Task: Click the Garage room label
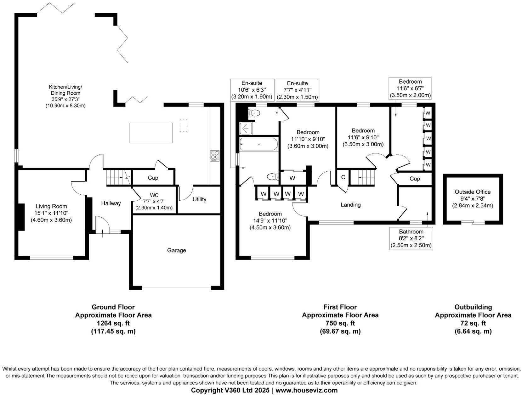[176, 250]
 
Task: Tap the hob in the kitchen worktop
[215, 156]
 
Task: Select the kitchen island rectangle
[151, 133]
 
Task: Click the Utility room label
[199, 199]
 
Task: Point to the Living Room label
[51, 206]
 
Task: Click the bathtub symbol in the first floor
[258, 144]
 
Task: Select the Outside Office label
[473, 192]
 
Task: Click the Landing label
[350, 205]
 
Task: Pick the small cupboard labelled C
[343, 177]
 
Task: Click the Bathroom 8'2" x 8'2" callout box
[411, 238]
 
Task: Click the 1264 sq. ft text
[113, 323]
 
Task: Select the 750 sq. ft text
[340, 323]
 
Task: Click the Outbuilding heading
[473, 307]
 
